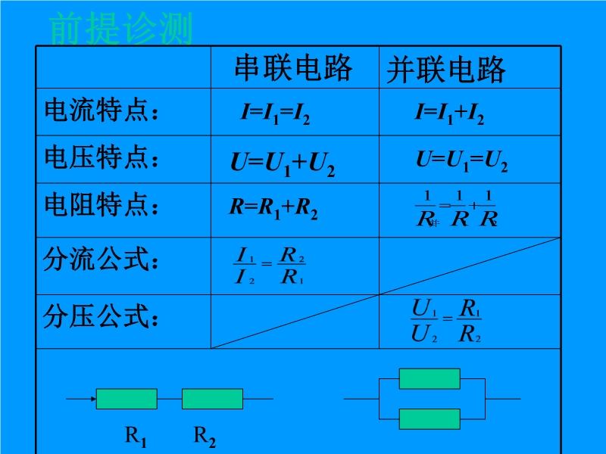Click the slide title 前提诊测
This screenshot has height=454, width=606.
[121, 29]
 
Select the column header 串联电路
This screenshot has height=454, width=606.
[293, 68]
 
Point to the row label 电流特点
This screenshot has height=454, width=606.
[103, 112]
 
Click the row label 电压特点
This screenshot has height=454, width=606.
[103, 158]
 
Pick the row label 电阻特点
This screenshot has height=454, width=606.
[103, 205]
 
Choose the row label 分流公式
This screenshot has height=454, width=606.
[103, 261]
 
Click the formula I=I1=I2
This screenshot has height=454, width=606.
[275, 113]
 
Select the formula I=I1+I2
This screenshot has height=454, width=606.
[449, 113]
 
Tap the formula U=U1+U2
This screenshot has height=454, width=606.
[282, 163]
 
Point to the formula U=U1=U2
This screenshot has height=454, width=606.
[461, 160]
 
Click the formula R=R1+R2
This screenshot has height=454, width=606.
[273, 208]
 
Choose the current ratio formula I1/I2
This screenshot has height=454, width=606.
[270, 265]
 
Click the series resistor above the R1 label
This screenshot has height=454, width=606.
[127, 399]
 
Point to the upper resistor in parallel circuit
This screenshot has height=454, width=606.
[430, 378]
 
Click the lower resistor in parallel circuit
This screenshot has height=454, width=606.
[430, 418]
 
